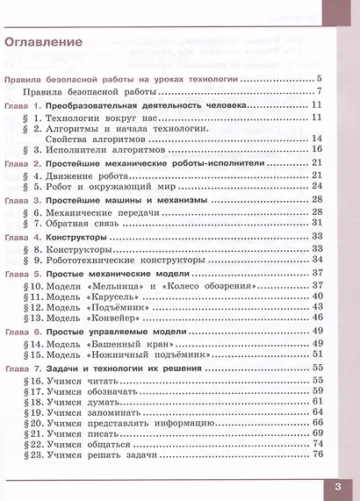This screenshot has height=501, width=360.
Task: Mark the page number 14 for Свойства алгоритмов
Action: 318,138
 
